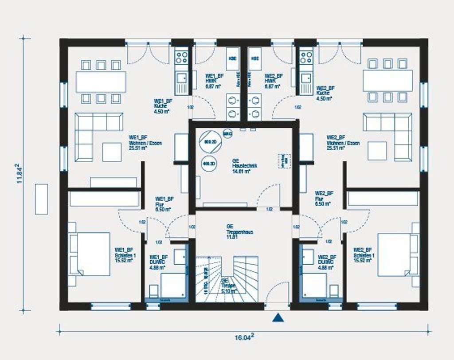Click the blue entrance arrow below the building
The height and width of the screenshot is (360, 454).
point(278,317)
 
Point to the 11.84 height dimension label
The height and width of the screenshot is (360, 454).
point(20,173)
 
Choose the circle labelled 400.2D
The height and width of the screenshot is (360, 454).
point(209,164)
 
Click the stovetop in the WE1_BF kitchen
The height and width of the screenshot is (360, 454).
point(181,57)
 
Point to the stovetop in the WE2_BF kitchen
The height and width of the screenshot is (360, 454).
point(306,57)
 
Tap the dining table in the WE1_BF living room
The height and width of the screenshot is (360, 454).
point(101,82)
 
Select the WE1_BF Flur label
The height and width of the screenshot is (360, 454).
point(164,203)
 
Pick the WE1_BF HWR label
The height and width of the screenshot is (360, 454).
point(213,81)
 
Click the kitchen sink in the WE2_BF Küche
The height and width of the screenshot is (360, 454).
point(306,79)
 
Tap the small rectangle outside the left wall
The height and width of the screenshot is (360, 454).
point(41,199)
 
